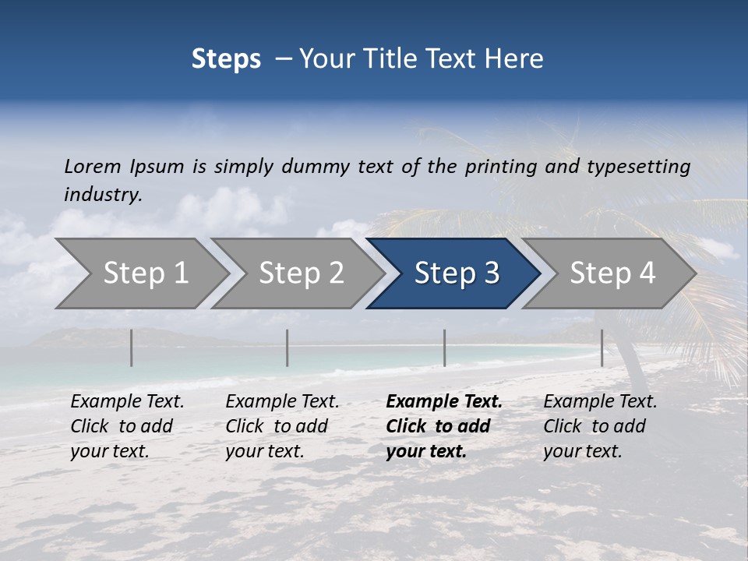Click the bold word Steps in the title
226,58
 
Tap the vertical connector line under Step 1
132,348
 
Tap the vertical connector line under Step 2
288,348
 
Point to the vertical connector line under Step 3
444,348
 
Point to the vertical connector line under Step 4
602,348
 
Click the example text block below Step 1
127,426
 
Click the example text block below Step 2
282,426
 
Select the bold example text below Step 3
443,426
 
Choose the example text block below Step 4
599,426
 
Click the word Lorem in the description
92,166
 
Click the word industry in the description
102,194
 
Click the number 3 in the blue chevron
492,273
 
